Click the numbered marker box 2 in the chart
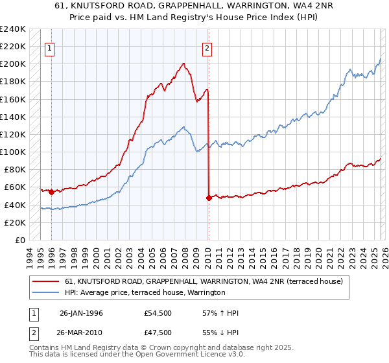tap(207, 47)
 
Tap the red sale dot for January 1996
tap(51, 192)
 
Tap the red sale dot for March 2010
tap(209, 198)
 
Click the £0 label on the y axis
tap(19, 240)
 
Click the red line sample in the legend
tap(46, 281)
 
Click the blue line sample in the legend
tap(46, 293)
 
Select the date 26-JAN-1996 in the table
tap(82, 313)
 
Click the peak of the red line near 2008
tap(184, 64)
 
